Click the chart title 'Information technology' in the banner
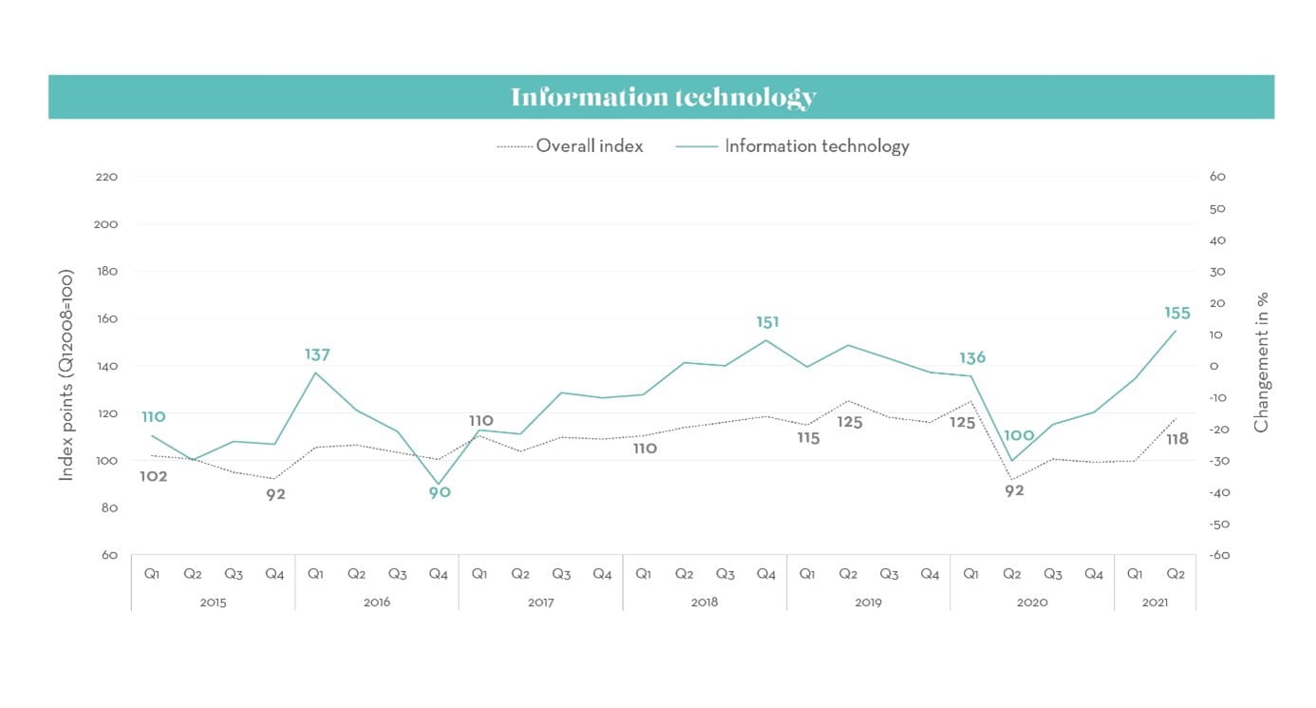coord(663,97)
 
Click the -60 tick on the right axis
coord(1218,555)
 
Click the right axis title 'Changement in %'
coord(1261,362)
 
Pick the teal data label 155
coord(1176,314)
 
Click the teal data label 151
coord(767,323)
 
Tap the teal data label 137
coord(317,354)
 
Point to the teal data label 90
coord(439,492)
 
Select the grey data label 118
coord(1176,439)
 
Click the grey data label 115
coord(807,438)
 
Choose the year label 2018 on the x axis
coord(705,602)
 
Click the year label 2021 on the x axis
coord(1155,602)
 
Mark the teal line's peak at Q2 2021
coord(1175,331)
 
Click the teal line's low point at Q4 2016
coord(439,484)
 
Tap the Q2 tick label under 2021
coord(1175,574)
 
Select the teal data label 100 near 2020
coord(1019,436)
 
